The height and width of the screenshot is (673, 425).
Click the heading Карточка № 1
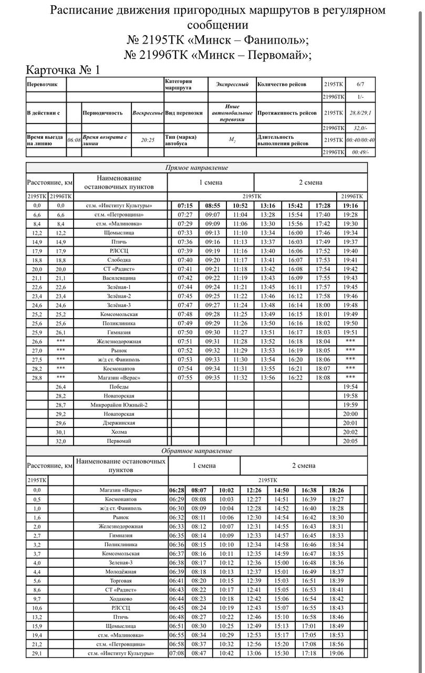click(x=63, y=70)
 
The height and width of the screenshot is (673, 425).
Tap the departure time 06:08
click(x=74, y=140)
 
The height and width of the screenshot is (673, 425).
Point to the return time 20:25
click(x=148, y=140)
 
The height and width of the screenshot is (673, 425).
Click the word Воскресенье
click(x=148, y=113)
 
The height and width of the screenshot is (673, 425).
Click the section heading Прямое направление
click(x=196, y=168)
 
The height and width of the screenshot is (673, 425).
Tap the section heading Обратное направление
click(x=196, y=451)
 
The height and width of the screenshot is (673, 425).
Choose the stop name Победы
click(x=120, y=386)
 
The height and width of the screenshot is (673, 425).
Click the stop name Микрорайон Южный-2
click(x=120, y=405)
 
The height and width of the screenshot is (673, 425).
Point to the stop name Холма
click(x=120, y=432)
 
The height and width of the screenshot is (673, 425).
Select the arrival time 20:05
click(x=350, y=441)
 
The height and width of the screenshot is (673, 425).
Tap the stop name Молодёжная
click(x=121, y=572)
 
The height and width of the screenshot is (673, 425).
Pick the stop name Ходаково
click(x=121, y=599)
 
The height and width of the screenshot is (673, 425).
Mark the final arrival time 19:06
click(x=336, y=653)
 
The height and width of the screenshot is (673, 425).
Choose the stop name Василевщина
click(x=120, y=278)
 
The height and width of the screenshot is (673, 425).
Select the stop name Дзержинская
click(x=120, y=423)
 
